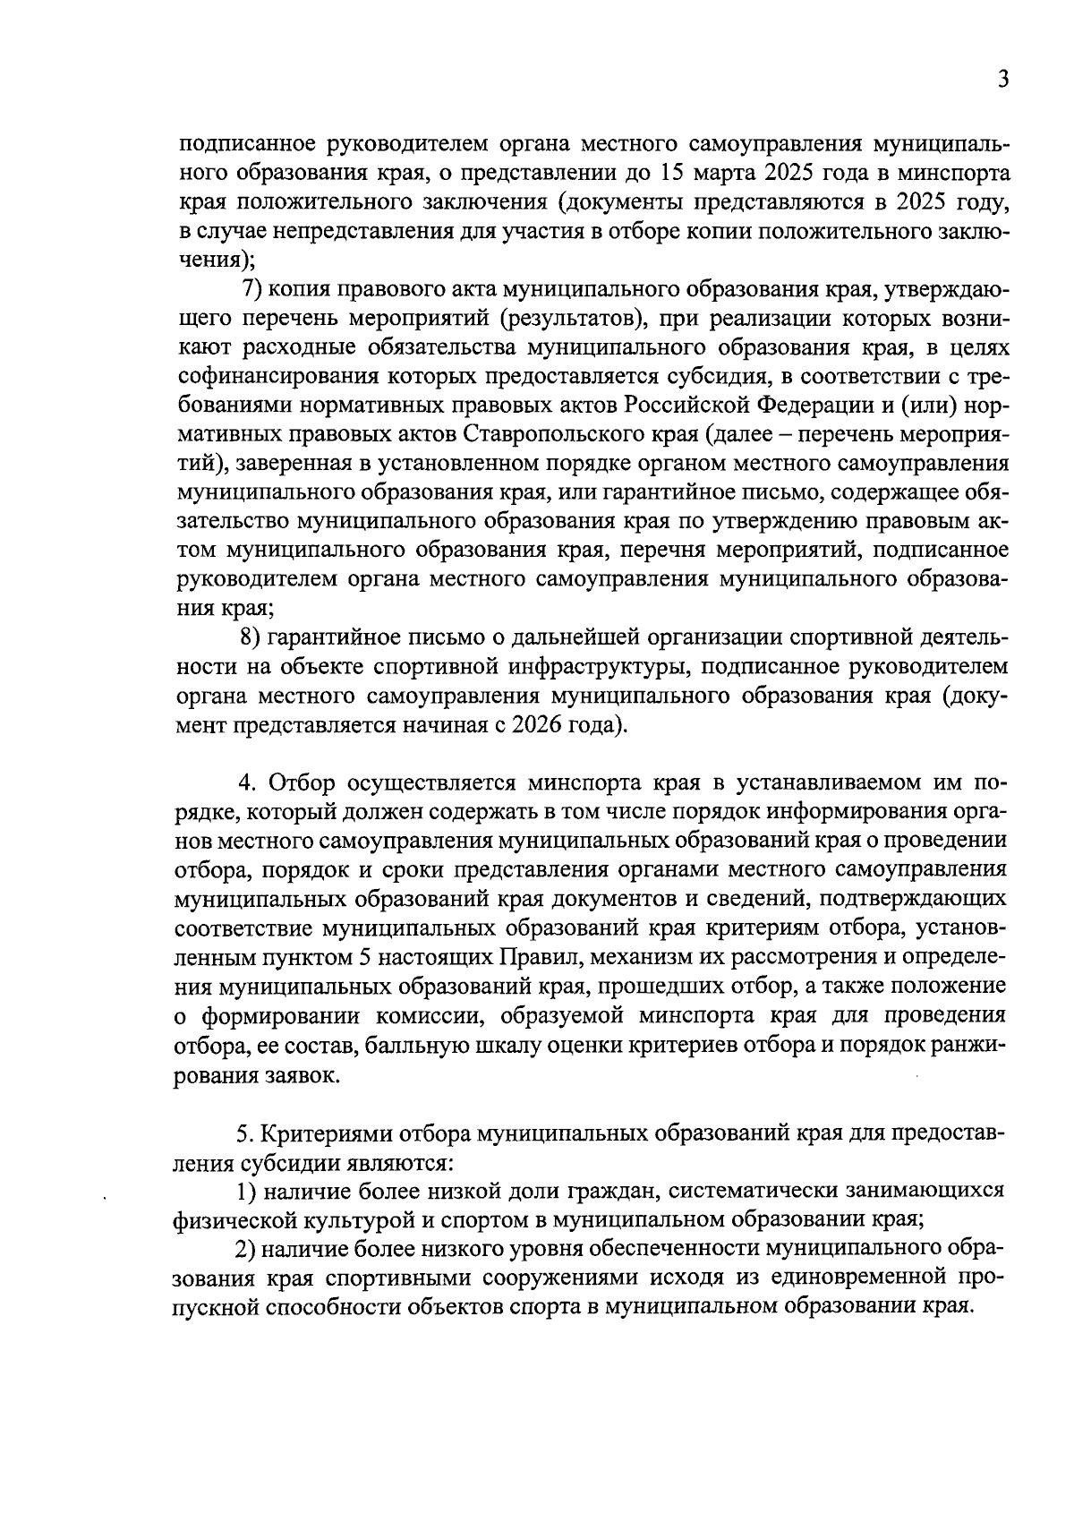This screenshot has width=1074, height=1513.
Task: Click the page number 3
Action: [x=1003, y=80]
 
